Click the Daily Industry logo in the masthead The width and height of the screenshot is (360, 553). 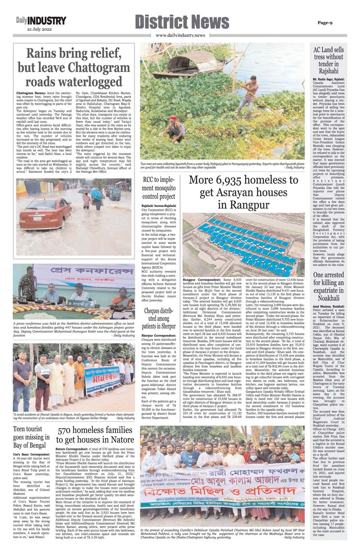coord(40,21)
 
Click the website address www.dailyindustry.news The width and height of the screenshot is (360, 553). coord(180,36)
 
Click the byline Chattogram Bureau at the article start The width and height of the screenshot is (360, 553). coord(31,91)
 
